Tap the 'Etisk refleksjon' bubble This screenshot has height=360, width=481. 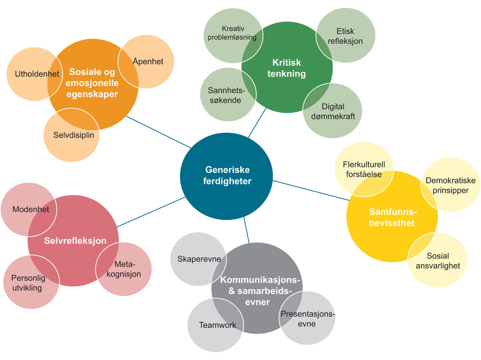click(345, 36)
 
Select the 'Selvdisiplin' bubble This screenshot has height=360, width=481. click(72, 135)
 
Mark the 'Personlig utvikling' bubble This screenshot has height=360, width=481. click(29, 283)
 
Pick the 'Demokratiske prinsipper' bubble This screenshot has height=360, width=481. click(450, 185)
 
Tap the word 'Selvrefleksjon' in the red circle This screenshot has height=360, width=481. click(75, 241)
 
